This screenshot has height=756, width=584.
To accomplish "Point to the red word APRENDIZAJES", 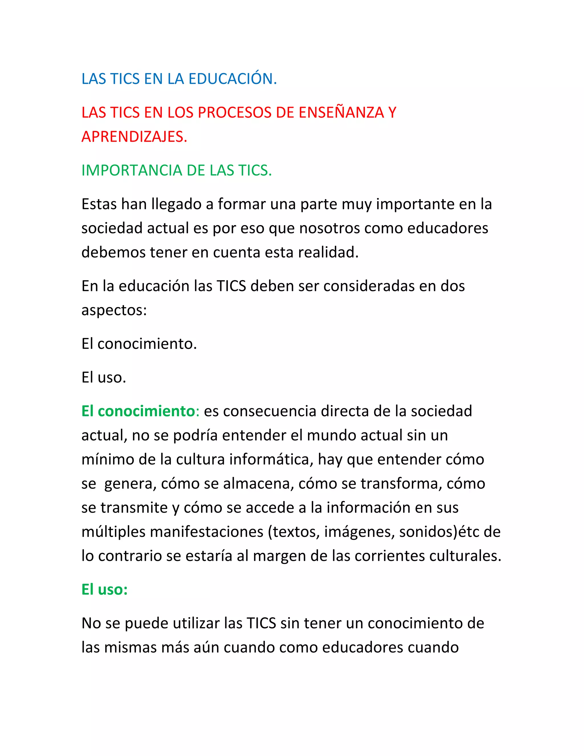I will (x=134, y=137).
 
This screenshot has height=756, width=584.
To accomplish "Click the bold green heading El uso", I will (x=104, y=589).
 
